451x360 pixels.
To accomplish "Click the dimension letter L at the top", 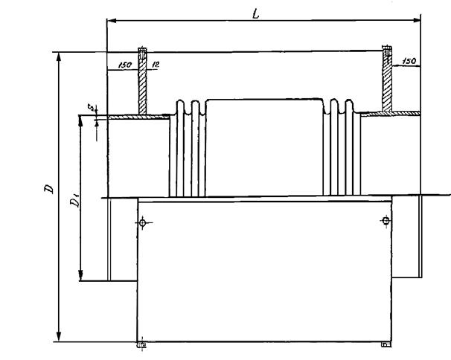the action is pos(256,13).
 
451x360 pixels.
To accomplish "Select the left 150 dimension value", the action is pos(124,66).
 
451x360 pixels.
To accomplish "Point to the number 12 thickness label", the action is pos(154,65).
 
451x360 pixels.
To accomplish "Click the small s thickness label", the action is pos(90,109).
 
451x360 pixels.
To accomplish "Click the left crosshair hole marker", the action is pos(143,221).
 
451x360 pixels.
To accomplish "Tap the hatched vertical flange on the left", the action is pos(142,82).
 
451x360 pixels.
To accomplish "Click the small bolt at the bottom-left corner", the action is pos(142,345).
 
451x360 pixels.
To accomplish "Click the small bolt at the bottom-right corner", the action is pos(385,344).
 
